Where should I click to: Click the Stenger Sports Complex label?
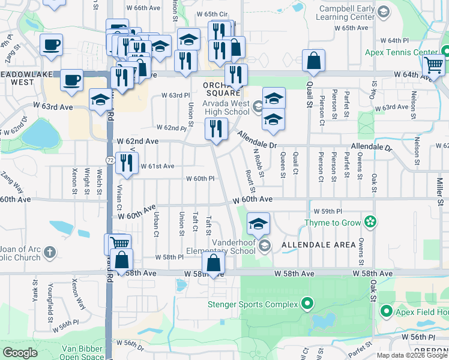tap(253, 304)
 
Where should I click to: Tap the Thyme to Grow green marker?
tap(370, 223)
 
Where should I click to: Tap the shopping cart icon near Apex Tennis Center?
tap(433, 65)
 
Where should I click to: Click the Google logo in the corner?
tap(20, 353)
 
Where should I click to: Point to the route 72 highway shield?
tap(110, 160)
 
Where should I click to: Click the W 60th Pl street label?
tap(200, 179)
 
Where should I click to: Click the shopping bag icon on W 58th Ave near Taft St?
tap(213, 262)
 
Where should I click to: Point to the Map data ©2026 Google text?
tap(411, 355)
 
